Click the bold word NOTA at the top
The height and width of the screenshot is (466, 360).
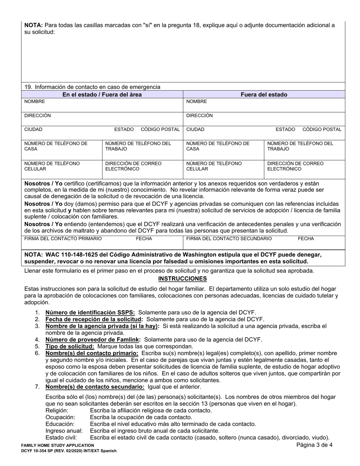pyautogui.click(x=33, y=25)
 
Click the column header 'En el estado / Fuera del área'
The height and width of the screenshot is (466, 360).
pyautogui.click(x=102, y=94)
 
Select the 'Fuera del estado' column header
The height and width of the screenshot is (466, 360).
pyautogui.click(x=264, y=94)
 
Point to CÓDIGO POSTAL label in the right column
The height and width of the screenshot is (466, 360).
pyautogui.click(x=322, y=130)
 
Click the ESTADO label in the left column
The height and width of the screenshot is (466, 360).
pyautogui.click(x=124, y=130)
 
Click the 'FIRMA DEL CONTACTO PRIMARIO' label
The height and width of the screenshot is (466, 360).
pyautogui.click(x=63, y=239)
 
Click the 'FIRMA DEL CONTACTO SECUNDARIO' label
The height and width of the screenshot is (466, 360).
pyautogui.click(x=229, y=239)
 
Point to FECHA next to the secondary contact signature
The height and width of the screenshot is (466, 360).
pyautogui.click(x=306, y=239)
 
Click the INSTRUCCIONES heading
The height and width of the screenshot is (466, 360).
pyautogui.click(x=182, y=279)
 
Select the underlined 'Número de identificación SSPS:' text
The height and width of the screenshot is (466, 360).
pyautogui.click(x=90, y=313)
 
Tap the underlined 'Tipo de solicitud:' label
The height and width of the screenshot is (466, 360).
pyautogui.click(x=70, y=346)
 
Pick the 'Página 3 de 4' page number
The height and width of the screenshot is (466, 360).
pyautogui.click(x=315, y=445)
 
